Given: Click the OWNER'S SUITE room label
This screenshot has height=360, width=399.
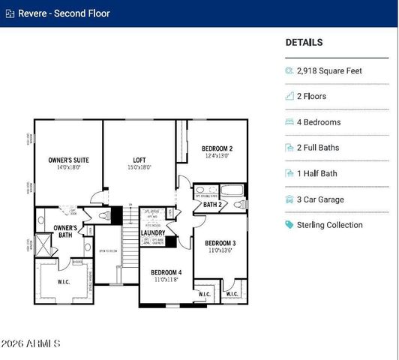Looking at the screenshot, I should click(69, 160).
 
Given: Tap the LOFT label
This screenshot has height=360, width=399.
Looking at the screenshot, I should click(139, 160).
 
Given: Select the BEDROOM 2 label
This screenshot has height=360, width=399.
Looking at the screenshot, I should click(217, 148).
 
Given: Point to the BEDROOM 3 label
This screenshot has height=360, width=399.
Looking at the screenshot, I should click(220, 243).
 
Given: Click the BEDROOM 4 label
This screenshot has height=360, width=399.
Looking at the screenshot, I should click(166, 272).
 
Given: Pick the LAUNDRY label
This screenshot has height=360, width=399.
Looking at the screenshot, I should click(153, 233).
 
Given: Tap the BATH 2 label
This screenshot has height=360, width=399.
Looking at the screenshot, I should click(212, 204).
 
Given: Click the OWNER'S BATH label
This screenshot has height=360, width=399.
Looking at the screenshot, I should click(65, 231).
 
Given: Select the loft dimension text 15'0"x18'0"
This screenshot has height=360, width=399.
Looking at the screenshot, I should click(139, 168).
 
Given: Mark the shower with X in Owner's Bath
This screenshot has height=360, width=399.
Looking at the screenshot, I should click(43, 245).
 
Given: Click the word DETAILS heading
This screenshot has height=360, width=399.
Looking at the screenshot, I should click(304, 43).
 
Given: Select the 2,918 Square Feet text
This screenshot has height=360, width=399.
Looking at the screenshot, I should click(329, 70).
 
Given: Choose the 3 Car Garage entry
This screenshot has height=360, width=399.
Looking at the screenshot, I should click(320, 199).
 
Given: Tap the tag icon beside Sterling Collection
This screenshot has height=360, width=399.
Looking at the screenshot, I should click(289, 225).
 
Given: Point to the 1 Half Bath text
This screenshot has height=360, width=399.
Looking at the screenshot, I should click(316, 173).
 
